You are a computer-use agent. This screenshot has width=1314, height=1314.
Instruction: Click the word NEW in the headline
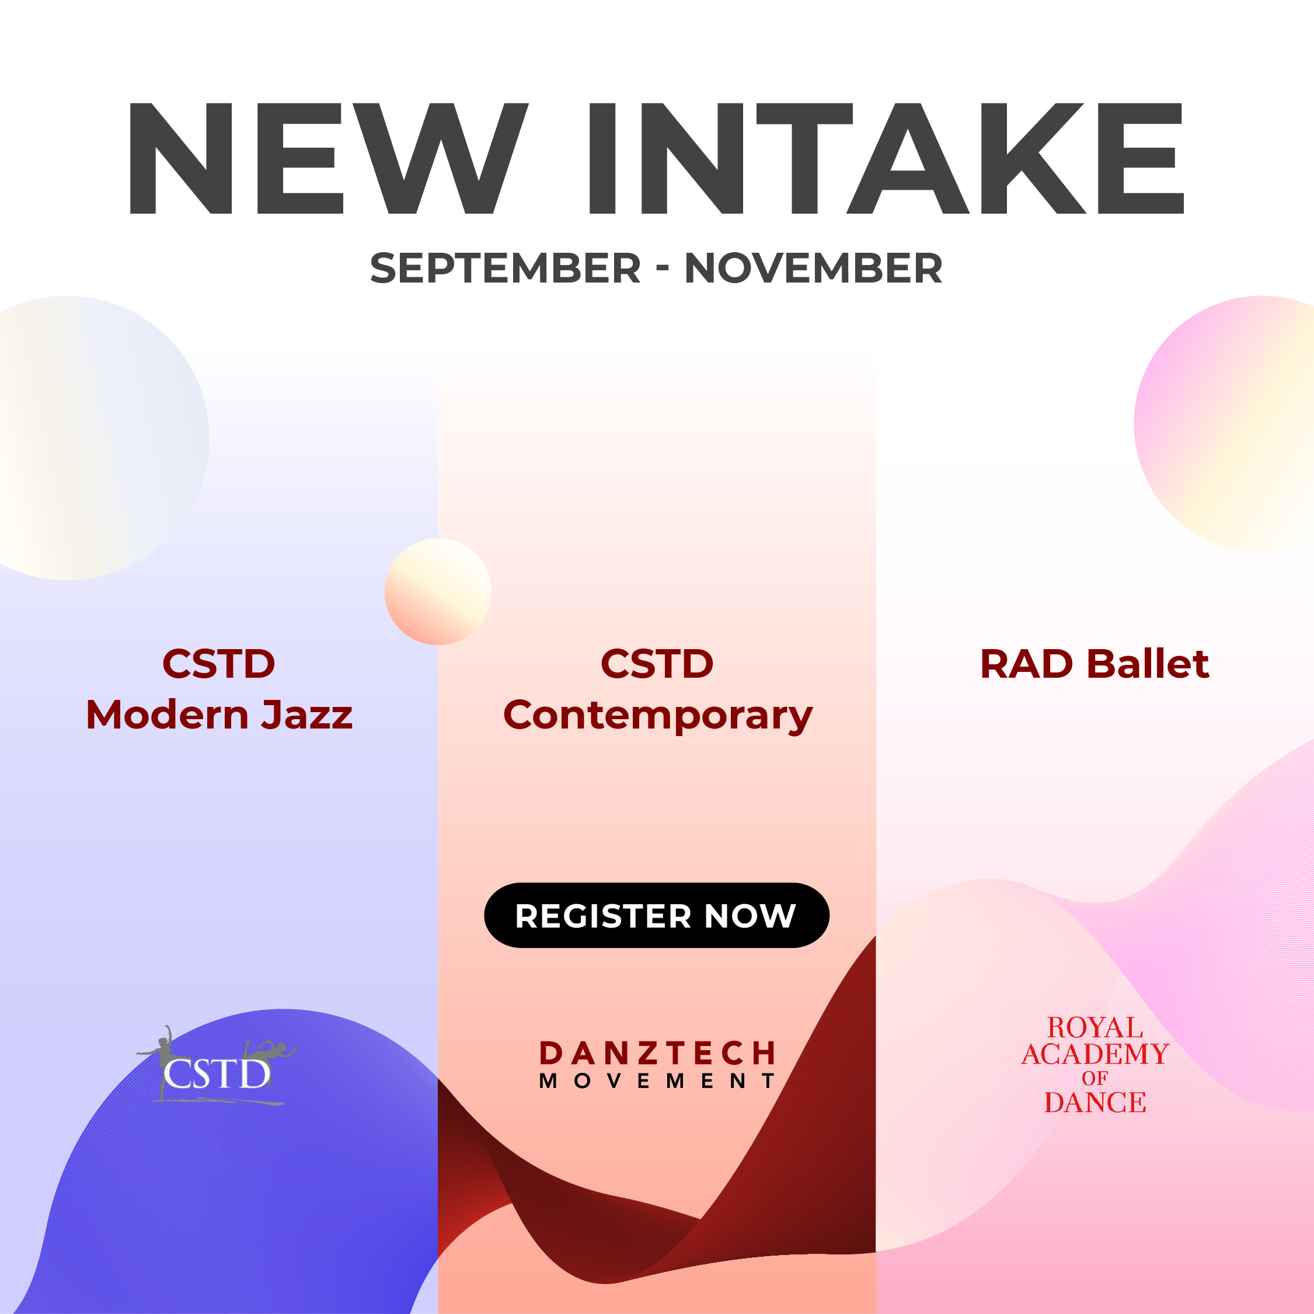point(328,158)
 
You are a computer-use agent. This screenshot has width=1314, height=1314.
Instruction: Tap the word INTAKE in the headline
point(887,158)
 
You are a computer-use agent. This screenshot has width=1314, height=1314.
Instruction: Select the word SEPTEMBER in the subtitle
point(506,268)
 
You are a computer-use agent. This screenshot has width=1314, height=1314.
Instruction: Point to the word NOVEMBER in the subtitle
point(813,268)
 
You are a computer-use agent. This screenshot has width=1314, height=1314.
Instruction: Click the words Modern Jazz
point(219,716)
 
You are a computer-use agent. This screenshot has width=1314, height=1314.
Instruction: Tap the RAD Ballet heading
point(1095,664)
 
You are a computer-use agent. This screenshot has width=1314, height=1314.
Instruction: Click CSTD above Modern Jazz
point(219,664)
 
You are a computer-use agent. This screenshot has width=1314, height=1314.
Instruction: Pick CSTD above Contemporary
point(657,664)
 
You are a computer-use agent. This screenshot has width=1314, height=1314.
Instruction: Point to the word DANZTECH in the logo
point(657,1054)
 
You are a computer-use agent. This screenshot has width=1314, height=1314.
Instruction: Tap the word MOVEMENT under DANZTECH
point(657,1082)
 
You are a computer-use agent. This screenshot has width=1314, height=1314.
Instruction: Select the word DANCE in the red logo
point(1095,1103)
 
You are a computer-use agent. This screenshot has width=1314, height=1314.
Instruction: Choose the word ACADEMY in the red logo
point(1095,1054)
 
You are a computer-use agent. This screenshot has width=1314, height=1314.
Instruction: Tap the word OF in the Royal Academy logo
point(1095,1079)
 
